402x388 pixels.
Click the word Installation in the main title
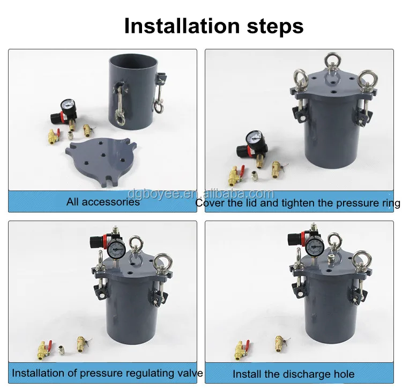[182, 26]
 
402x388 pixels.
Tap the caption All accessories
[103, 202]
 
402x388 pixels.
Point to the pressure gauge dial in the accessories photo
[68, 106]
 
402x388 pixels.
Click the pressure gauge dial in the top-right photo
[254, 138]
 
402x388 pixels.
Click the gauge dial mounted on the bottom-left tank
[117, 249]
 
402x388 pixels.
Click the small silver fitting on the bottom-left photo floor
[61, 350]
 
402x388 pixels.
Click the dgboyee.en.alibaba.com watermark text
[200, 194]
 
